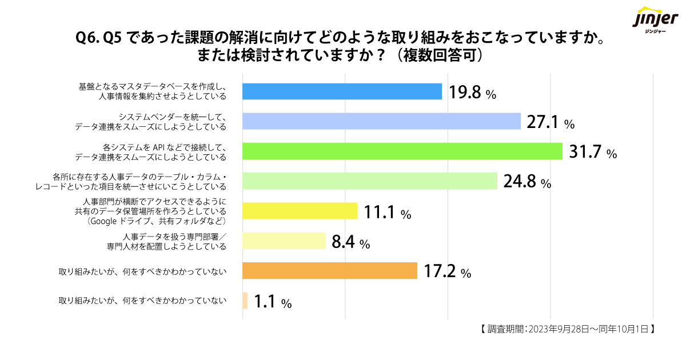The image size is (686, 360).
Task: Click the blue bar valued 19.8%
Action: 342,91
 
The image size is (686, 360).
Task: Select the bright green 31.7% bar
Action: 402,151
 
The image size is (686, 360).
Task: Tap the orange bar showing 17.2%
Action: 330,271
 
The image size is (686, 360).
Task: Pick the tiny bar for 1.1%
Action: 245,301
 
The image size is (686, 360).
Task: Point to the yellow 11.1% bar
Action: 300,211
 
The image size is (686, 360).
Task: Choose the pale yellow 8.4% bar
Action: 284,241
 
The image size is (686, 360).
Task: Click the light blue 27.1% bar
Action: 381,121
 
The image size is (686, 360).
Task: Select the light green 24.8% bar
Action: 370,181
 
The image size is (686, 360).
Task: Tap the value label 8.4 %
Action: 350,242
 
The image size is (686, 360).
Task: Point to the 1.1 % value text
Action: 272,302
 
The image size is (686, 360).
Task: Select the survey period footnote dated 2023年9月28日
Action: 565,329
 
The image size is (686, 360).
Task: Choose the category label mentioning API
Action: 151,151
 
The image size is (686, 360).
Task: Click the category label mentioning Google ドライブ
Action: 154,211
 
